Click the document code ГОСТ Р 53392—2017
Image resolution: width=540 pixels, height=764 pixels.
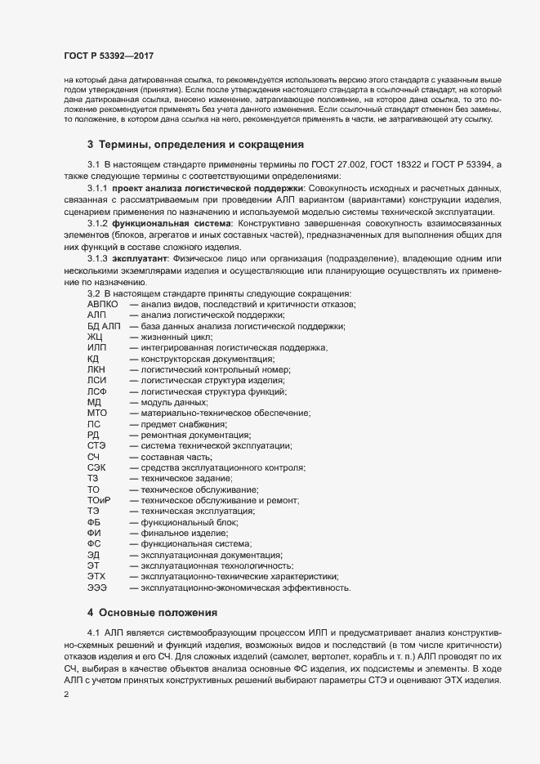109,56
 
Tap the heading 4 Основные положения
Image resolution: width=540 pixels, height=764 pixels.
152,611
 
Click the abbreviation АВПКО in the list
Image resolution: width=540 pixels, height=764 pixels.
103,304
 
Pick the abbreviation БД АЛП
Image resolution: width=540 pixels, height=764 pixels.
103,326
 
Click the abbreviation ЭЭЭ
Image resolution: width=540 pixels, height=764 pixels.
96,587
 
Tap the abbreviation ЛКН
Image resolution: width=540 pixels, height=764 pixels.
96,369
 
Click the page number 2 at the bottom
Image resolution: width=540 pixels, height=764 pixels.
66,695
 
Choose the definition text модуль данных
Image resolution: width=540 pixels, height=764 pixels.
174,402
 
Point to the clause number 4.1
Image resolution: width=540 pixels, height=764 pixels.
93,633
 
